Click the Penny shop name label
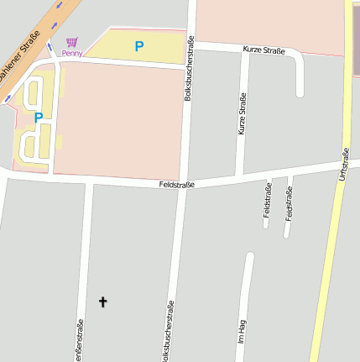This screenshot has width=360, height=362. coord(71,53)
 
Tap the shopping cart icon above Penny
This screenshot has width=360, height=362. coord(72,41)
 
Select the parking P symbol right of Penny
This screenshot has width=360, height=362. coord(139,46)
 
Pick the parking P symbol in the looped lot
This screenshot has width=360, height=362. coord(38,118)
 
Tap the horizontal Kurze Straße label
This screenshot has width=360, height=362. coord(263,51)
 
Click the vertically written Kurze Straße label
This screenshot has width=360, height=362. coord(242,114)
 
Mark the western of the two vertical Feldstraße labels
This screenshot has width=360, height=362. coord(268,200)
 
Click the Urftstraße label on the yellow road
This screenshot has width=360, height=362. coord(342,165)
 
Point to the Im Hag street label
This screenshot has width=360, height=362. coord(241,333)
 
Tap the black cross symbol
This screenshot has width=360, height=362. coord(103,301)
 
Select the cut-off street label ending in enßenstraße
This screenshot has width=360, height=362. coord(81,340)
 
